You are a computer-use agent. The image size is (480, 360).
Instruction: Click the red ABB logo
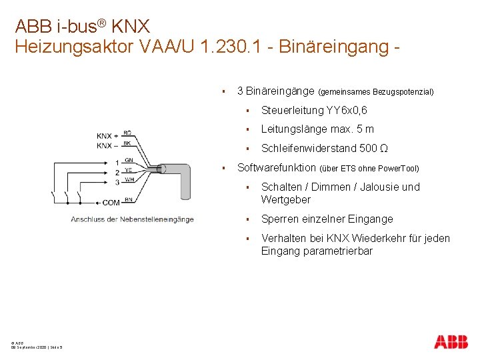pyautogui.click(x=451, y=341)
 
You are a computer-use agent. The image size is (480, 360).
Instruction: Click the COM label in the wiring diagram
pyautogui.click(x=111, y=202)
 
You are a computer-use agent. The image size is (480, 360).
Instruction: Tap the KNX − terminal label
pyautogui.click(x=107, y=145)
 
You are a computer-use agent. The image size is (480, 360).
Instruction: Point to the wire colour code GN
pyautogui.click(x=129, y=161)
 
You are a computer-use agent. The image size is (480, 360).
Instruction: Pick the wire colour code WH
pyautogui.click(x=129, y=179)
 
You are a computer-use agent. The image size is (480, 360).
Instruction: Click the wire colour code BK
pyautogui.click(x=127, y=143)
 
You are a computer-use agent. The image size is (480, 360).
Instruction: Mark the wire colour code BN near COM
pyautogui.click(x=128, y=199)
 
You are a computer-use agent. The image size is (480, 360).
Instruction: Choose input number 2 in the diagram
pyautogui.click(x=117, y=171)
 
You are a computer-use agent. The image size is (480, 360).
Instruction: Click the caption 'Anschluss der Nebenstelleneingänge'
pyautogui.click(x=132, y=219)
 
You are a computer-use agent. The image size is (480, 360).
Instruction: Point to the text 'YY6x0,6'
pyautogui.click(x=348, y=110)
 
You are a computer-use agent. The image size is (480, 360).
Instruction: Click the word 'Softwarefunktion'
pyautogui.click(x=277, y=167)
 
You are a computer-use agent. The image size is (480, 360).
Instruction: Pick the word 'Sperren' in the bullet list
pyautogui.click(x=280, y=219)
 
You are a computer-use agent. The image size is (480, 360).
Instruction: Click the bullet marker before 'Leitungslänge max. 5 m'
pyautogui.click(x=247, y=129)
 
